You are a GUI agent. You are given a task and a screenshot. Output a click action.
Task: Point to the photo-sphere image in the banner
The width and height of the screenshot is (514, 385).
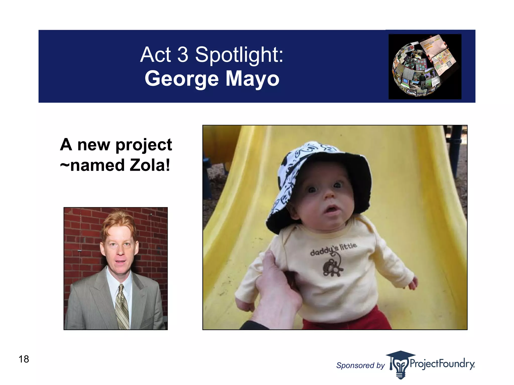(425, 66)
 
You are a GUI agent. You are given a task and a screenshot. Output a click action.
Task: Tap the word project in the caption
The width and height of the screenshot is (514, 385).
(144, 145)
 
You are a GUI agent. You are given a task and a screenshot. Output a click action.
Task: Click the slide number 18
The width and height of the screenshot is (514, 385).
(24, 359)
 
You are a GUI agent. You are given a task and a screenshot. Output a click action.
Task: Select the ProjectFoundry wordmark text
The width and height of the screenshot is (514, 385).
(442, 363)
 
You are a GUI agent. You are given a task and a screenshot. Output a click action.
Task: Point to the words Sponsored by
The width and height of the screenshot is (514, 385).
(360, 365)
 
